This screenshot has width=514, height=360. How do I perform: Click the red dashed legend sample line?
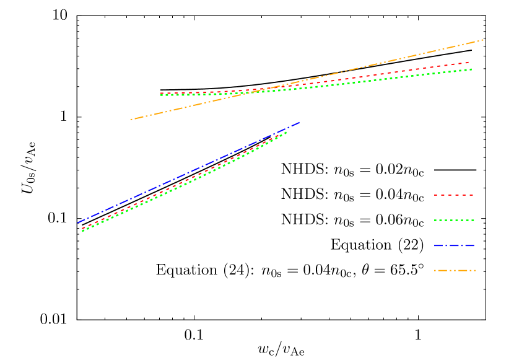[454, 195]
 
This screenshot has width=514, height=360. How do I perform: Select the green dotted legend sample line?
[454, 220]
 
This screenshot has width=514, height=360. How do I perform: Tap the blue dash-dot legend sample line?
[454, 245]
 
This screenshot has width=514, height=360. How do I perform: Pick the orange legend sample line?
[454, 270]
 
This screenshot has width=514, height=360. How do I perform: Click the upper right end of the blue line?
[299, 123]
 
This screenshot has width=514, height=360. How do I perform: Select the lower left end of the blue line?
[78, 222]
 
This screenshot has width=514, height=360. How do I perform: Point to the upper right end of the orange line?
[482, 40]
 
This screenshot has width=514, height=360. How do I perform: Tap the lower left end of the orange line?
[131, 120]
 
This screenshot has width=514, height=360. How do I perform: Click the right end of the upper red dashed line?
[469, 62]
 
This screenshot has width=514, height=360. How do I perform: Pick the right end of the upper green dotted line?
[472, 69]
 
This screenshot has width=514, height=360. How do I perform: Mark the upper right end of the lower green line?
[287, 131]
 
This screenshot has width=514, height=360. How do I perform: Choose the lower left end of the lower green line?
[82, 231]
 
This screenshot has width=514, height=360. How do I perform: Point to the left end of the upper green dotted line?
[161, 95]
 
